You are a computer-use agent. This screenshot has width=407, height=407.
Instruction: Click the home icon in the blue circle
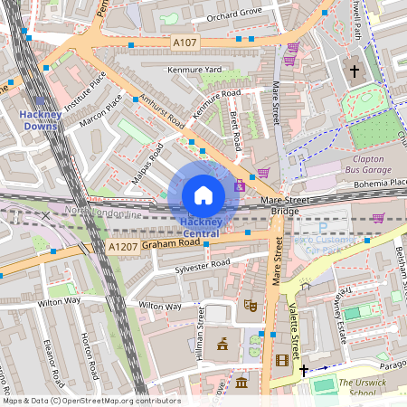tap(203, 194)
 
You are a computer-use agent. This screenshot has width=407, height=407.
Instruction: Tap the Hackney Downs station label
tap(39, 119)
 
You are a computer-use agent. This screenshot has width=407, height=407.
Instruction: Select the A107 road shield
tap(184, 41)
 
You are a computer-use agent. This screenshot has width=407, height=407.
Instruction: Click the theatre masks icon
tap(250, 306)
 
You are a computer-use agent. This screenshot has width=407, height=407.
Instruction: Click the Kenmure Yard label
tap(194, 70)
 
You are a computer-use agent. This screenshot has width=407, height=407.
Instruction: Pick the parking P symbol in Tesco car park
tap(322, 228)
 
